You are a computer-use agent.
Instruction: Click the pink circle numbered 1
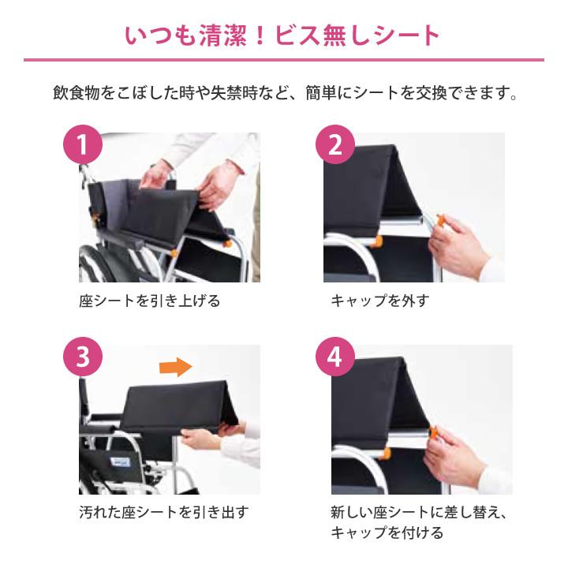click(84, 146)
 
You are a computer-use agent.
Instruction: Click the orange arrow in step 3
click(176, 366)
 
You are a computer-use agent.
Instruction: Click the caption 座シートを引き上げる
click(149, 301)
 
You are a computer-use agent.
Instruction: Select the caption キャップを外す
click(379, 301)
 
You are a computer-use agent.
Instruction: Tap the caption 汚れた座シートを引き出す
click(163, 513)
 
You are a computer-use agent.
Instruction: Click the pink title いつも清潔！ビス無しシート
click(283, 35)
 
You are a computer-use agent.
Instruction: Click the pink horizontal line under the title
click(283, 60)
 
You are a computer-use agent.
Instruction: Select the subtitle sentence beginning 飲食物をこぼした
click(283, 94)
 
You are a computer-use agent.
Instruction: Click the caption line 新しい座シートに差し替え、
click(418, 513)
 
